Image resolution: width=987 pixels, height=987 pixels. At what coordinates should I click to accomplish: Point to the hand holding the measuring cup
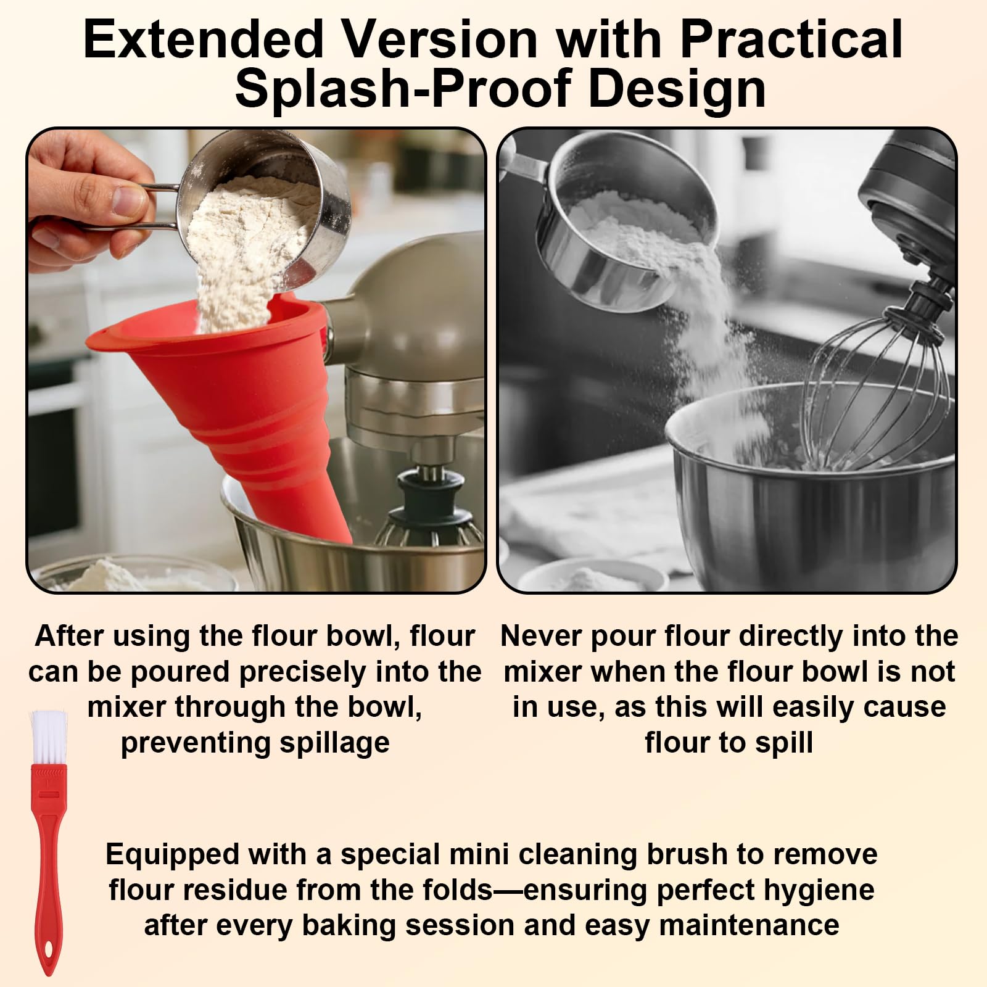coord(86,204)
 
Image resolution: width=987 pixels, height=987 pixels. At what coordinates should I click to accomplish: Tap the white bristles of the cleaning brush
coord(47,737)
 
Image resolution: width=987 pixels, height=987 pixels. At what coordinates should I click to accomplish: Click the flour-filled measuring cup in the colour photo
coord(259,210)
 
